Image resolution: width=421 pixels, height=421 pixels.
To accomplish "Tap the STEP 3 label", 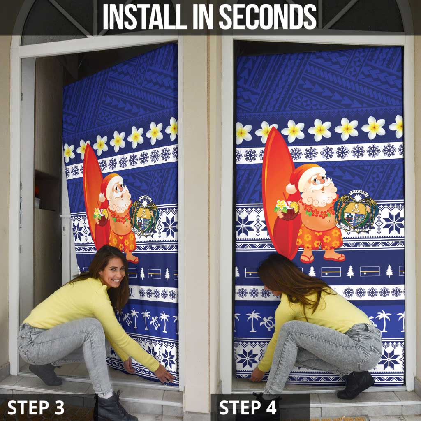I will point(36,407).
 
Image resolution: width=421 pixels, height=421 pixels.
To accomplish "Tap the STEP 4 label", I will point(248,407).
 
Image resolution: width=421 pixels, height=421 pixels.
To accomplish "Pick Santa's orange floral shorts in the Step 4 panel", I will point(320,237).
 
